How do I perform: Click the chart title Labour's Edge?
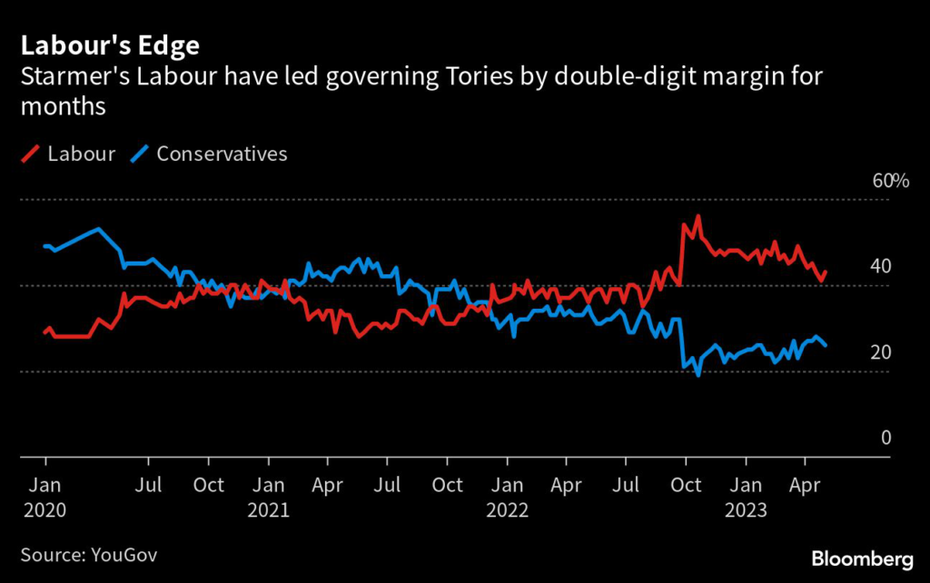pos(110,44)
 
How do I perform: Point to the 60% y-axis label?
pos(890,181)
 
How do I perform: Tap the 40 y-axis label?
pos(880,267)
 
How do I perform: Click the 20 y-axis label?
pos(880,352)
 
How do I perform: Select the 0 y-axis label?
pos(885,439)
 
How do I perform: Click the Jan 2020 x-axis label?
pos(45,497)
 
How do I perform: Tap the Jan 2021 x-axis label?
pos(268,497)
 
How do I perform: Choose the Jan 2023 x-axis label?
pos(747,497)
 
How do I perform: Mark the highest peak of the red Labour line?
pos(697,216)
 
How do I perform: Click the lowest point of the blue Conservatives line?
pos(697,375)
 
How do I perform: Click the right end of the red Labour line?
pos(826,272)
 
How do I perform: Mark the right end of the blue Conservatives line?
pos(826,345)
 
